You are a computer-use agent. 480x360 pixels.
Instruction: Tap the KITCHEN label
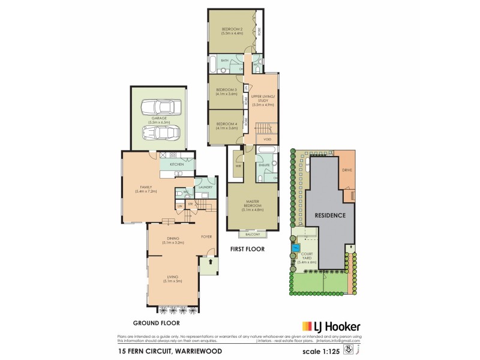tap(176, 164)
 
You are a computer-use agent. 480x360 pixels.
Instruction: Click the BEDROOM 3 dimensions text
tap(227, 94)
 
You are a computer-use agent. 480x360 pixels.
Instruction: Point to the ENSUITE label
tap(263, 164)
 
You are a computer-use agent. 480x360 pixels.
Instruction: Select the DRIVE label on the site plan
tap(347, 170)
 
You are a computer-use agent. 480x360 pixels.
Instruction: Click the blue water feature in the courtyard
tap(295, 248)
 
